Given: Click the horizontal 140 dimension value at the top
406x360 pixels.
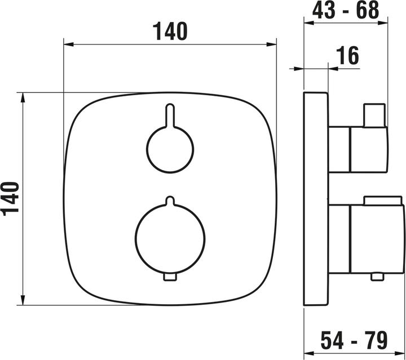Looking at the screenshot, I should [170, 32].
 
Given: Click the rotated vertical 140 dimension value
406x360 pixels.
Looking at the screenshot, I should [12, 198].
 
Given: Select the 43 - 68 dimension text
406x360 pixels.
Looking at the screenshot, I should [346, 10].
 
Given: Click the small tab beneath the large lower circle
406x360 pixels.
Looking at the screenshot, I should [170, 276].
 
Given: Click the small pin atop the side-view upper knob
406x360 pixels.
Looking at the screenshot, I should [374, 114].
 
